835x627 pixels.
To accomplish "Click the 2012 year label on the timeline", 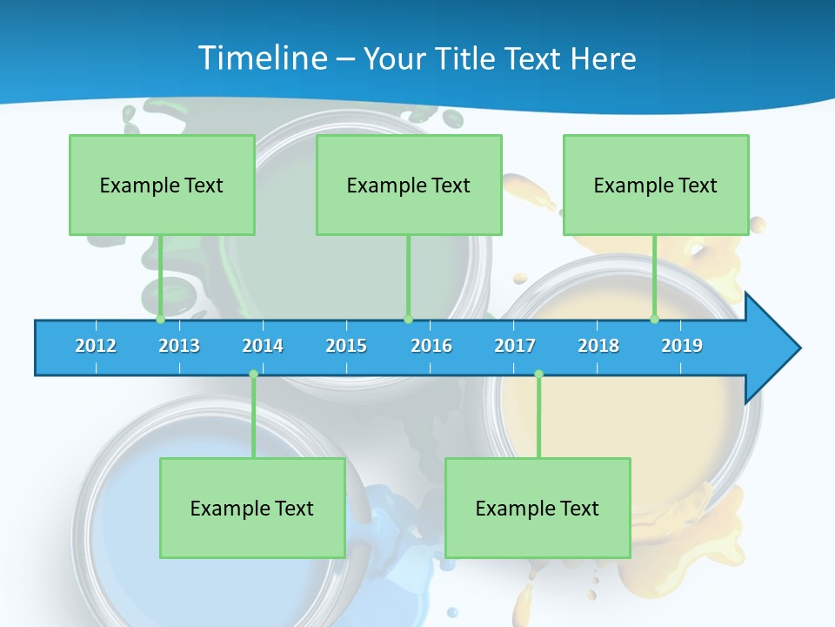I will click(96, 346).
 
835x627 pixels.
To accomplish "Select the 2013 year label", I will click(179, 346).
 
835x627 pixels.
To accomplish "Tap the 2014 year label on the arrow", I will click(263, 346).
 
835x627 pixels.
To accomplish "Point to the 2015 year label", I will click(346, 346).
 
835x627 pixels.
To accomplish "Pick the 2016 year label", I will click(431, 346).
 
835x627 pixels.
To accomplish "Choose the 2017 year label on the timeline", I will click(515, 346).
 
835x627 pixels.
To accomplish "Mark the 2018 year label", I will click(598, 346).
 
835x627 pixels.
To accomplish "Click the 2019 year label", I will click(682, 346).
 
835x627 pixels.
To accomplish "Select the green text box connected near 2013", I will click(162, 185).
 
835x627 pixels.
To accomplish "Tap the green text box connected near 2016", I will click(409, 185).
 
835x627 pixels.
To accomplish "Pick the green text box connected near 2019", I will click(656, 185).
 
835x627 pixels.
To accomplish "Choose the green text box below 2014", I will click(252, 508).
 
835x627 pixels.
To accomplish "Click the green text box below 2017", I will click(538, 508).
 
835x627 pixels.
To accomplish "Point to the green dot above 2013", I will click(160, 320).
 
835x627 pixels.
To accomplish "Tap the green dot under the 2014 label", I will click(253, 374).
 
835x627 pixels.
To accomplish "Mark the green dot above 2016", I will click(408, 320).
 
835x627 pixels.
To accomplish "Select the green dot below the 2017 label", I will click(538, 374).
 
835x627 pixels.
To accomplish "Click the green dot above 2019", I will click(654, 320).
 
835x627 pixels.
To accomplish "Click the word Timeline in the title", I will click(262, 58).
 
